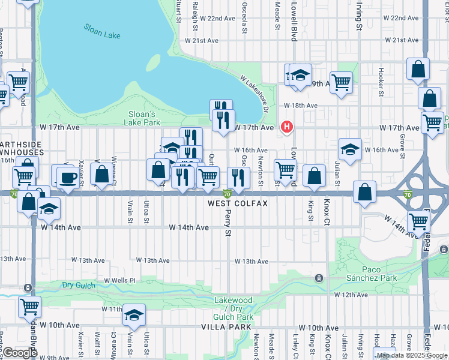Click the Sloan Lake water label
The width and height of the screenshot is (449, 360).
tap(102, 31)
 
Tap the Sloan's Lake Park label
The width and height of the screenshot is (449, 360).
tap(143, 118)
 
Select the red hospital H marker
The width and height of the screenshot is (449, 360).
tap(287, 127)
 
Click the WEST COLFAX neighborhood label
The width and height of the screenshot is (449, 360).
tap(238, 203)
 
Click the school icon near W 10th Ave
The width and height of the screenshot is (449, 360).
tap(134, 315)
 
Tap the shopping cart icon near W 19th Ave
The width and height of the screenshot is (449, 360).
tap(340, 82)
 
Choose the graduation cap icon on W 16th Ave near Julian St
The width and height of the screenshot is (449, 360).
tap(349, 148)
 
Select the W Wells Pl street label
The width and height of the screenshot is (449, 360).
tap(121, 280)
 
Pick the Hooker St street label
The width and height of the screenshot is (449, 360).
tap(381, 83)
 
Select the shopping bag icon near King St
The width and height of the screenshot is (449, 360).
tap(314, 176)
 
